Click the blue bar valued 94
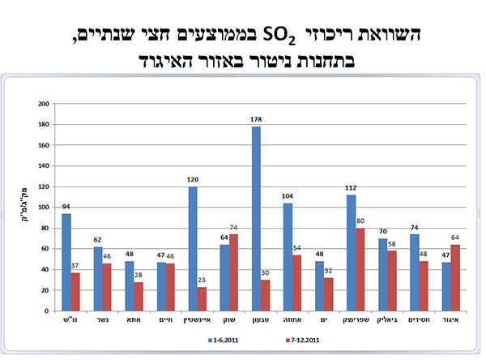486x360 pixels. [66, 259]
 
